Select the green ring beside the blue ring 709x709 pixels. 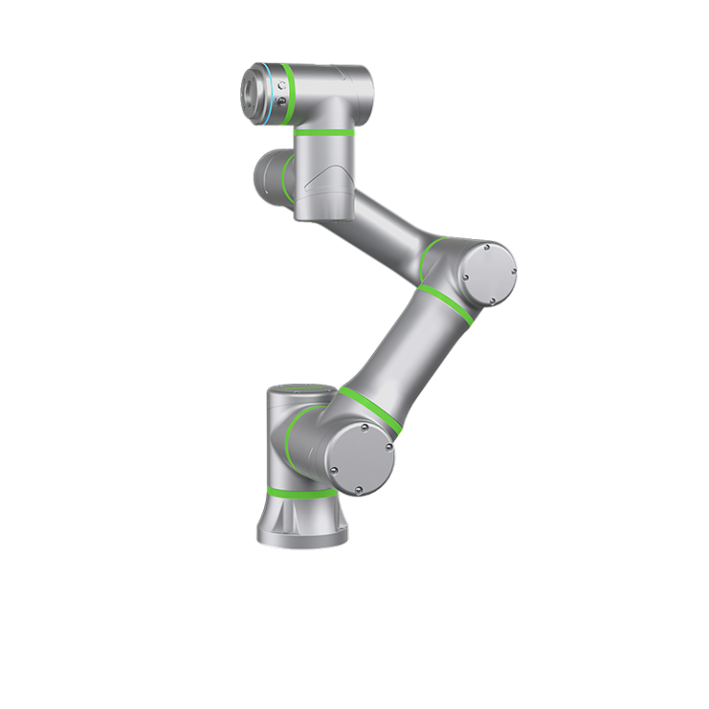pos(288,95)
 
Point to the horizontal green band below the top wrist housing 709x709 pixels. pos(324,132)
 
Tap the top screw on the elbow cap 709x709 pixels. pos(487,249)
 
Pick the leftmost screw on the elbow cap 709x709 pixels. pos(465,276)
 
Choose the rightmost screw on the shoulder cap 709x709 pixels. pos(389,450)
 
